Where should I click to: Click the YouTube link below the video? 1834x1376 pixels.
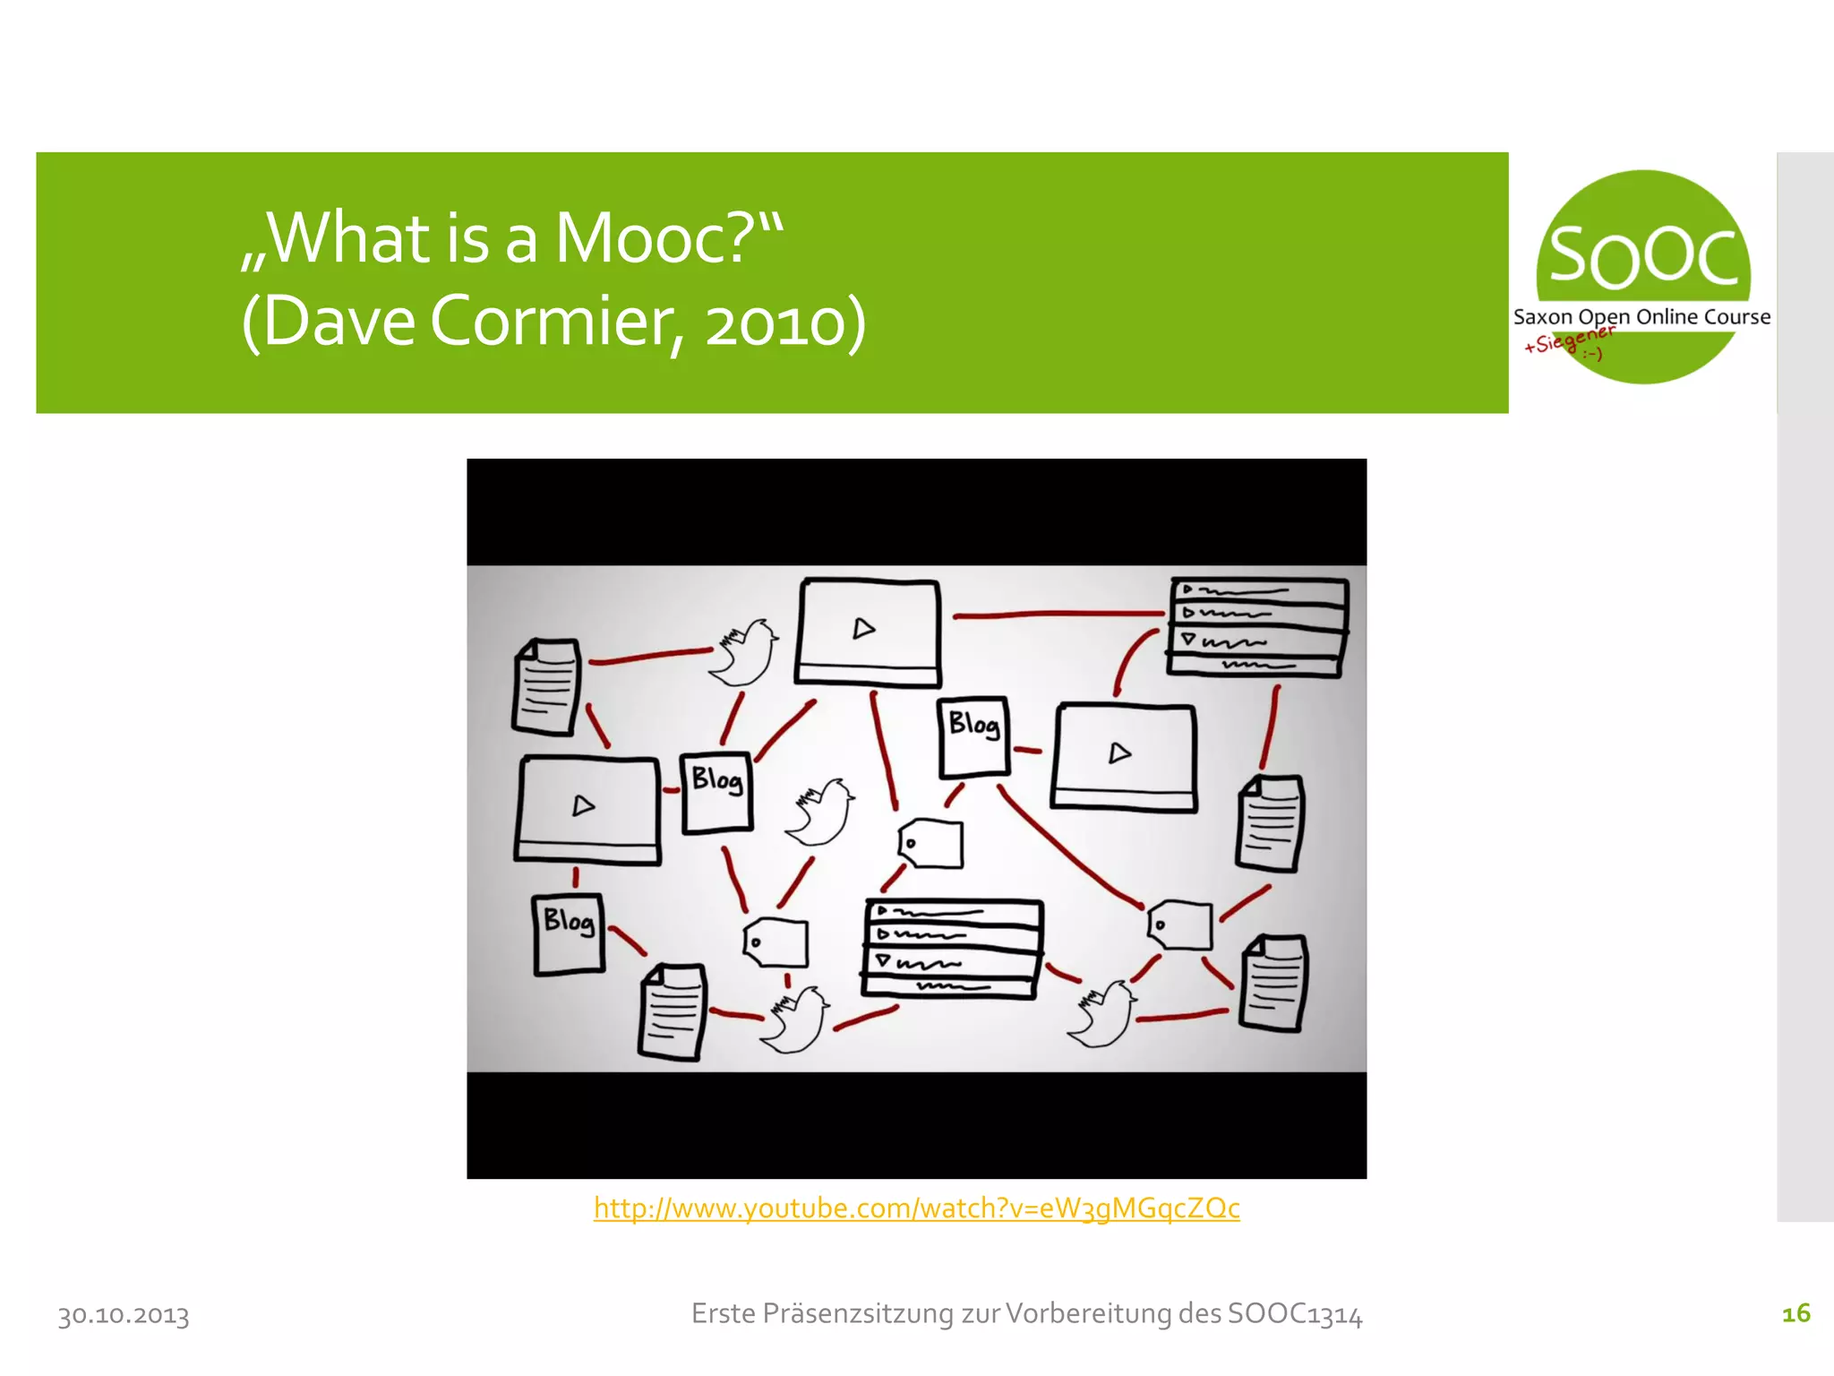point(916,1208)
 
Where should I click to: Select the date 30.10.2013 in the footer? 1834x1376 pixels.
point(124,1315)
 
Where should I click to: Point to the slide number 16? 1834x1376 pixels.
point(1795,1313)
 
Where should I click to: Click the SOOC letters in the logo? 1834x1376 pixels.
point(1643,257)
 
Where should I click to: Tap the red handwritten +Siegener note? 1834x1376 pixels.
point(1568,340)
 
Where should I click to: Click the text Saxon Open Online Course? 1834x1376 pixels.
point(1641,316)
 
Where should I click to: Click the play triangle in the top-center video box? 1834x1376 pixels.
point(863,629)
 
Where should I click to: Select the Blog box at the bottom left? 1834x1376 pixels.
point(569,933)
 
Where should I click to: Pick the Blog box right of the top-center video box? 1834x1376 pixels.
point(973,736)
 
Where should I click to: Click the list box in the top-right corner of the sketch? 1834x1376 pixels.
point(1257,627)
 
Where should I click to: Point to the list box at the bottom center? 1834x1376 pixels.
point(952,948)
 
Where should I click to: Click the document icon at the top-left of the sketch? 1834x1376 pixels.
point(545,686)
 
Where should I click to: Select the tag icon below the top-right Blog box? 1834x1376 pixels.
point(931,843)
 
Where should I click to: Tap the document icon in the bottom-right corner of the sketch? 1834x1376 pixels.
point(1273,983)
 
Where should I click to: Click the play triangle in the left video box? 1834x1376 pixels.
point(583,806)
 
